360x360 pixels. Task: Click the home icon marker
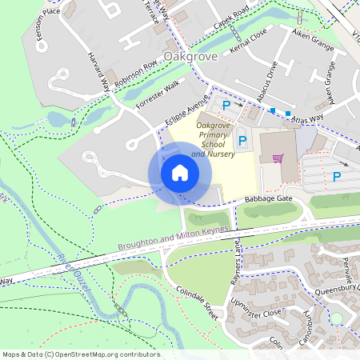180,172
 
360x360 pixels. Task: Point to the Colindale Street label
197,305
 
